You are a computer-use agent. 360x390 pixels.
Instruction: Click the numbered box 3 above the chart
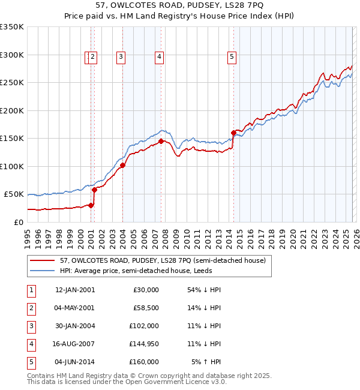tap(121, 57)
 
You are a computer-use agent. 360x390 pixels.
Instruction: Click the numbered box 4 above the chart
tap(159, 57)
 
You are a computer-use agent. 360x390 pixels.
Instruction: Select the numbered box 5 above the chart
tap(232, 57)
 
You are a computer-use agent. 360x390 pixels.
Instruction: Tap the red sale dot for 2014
tap(233, 133)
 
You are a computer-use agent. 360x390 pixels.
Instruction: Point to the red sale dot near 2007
tap(161, 141)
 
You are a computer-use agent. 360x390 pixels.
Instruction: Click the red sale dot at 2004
tap(122, 165)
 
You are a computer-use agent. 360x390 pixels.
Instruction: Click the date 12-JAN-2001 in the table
tap(74, 290)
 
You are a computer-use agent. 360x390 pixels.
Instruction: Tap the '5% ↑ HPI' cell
tap(206, 362)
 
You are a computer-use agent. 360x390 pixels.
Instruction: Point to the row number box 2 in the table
tap(31, 308)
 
